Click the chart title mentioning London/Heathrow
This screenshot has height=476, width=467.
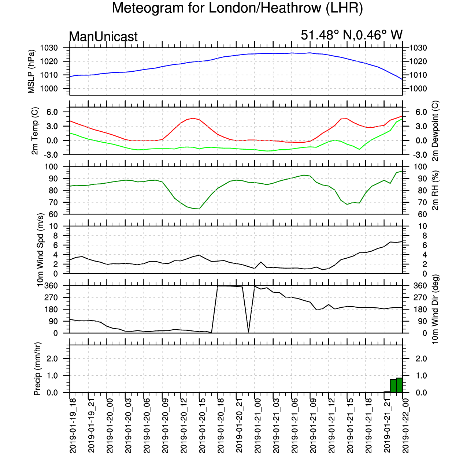click(237, 8)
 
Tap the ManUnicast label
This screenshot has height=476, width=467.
click(103, 37)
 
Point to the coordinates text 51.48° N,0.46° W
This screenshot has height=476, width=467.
click(352, 35)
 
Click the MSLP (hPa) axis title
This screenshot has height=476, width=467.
click(31, 72)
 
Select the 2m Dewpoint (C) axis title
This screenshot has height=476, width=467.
click(435, 131)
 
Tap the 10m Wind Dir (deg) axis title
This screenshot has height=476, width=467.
click(435, 309)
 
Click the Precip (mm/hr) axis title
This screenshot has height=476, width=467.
click(37, 369)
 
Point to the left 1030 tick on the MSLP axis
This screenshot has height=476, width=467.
click(49, 48)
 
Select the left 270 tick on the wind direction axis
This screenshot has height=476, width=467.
click(51, 297)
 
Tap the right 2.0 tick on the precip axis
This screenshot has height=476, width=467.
click(421, 359)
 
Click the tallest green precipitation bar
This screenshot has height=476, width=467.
click(400, 385)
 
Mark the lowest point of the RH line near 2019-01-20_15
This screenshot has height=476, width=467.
click(199, 209)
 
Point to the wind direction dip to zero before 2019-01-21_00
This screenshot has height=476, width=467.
click(248, 332)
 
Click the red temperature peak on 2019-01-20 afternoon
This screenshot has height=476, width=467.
click(193, 118)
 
